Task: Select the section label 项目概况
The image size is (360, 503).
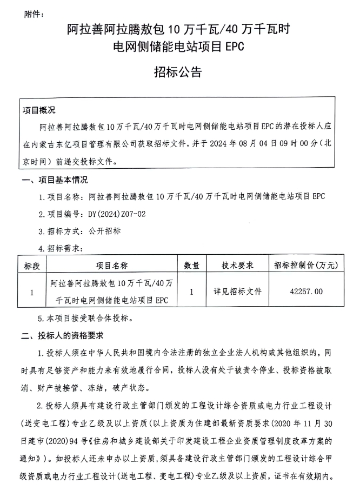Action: click(x=39, y=110)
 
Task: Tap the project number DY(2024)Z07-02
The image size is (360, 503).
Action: click(x=117, y=214)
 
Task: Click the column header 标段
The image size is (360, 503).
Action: click(x=32, y=266)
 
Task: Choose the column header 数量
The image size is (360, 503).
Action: click(x=192, y=266)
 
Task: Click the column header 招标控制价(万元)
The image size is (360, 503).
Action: click(x=306, y=266)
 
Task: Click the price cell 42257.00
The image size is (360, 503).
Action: click(x=306, y=291)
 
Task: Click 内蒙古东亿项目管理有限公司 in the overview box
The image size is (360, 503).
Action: click(x=92, y=144)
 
